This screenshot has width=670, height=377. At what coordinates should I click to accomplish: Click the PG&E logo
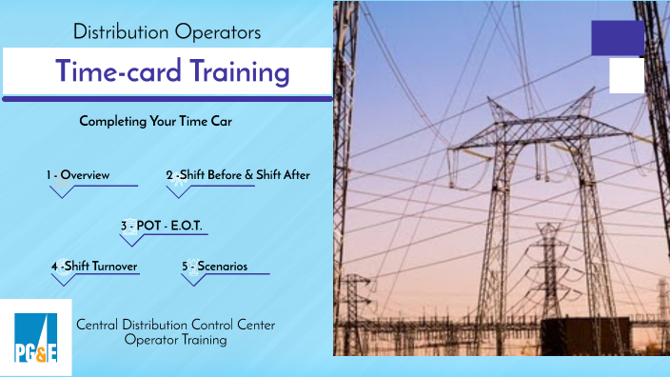(x=35, y=335)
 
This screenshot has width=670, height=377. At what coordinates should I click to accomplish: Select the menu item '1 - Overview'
(x=78, y=175)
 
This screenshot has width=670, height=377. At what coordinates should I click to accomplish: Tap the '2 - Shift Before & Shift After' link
(x=237, y=175)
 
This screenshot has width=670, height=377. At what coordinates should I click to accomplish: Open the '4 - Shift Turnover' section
(x=95, y=267)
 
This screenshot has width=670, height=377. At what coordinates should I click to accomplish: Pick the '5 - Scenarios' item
(x=214, y=267)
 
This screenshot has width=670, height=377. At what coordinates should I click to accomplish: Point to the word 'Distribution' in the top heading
(x=121, y=31)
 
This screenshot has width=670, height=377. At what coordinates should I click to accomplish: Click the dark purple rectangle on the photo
(x=618, y=38)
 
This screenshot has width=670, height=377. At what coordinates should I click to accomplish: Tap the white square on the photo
(x=626, y=75)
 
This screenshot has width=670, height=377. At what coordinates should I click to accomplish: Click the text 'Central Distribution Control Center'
(x=175, y=325)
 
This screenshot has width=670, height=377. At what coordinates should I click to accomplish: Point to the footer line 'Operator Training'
(x=175, y=340)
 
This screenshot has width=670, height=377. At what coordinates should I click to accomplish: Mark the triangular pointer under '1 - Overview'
(x=63, y=190)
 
